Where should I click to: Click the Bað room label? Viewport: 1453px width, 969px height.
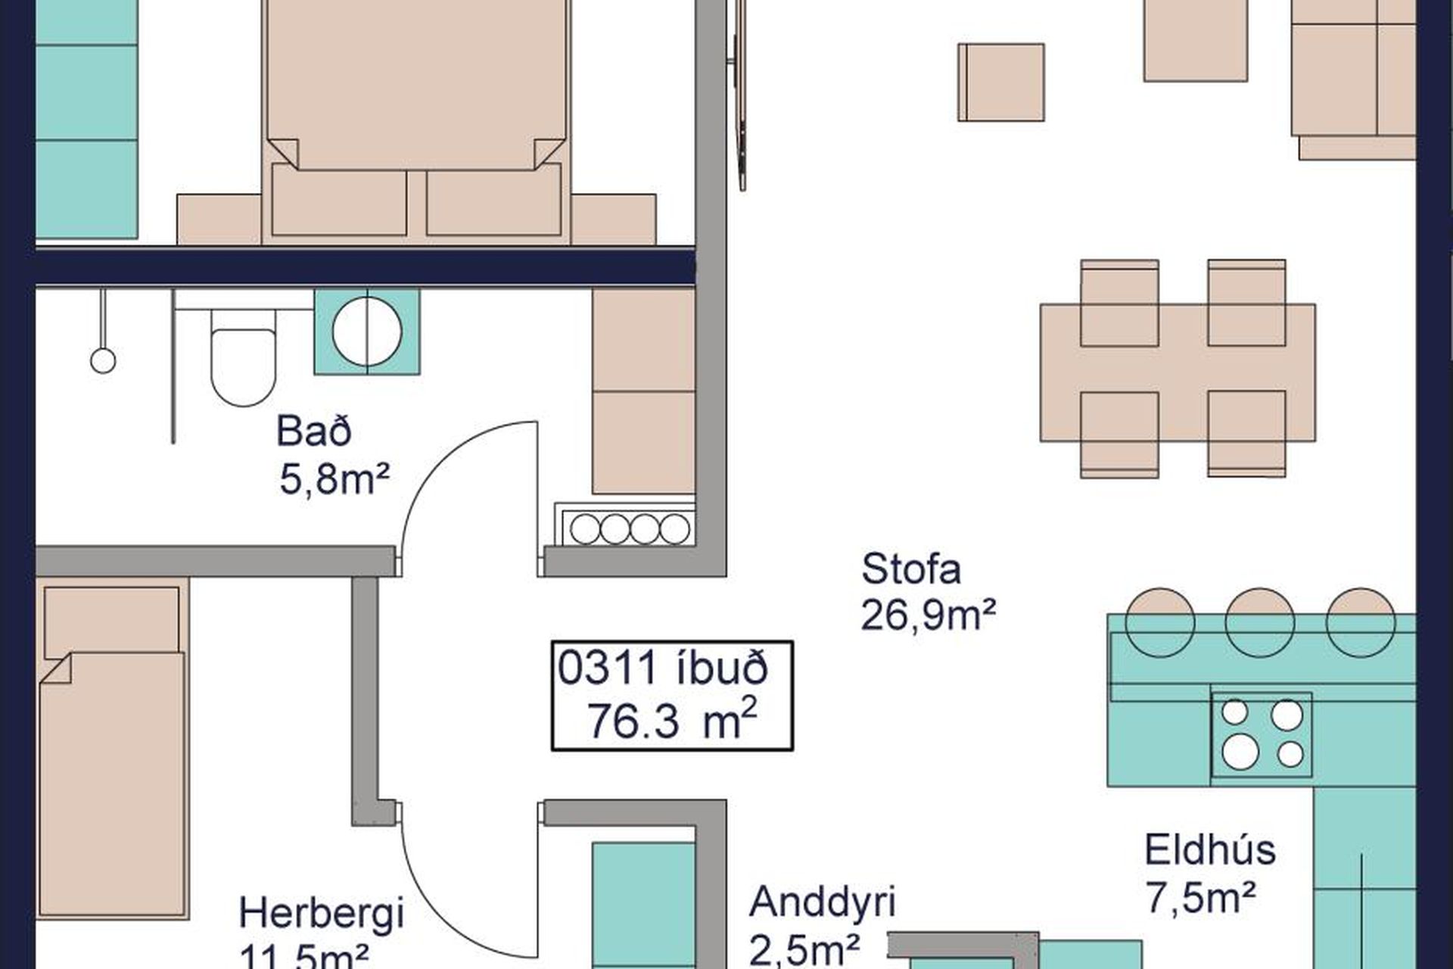click(x=314, y=432)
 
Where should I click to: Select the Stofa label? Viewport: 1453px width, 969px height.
click(x=911, y=569)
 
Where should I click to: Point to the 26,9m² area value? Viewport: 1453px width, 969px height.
click(x=928, y=615)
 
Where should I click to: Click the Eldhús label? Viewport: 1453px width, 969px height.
click(x=1210, y=849)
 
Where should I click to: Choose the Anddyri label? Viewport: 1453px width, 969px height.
click(x=823, y=902)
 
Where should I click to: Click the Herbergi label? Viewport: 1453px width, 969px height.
click(x=321, y=913)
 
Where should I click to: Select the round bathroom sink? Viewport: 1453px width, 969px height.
click(x=367, y=332)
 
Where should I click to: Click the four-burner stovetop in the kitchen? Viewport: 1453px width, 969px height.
click(x=1262, y=734)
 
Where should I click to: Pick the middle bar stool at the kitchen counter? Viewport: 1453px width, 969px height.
click(x=1260, y=622)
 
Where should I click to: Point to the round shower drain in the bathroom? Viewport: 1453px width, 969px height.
click(x=103, y=360)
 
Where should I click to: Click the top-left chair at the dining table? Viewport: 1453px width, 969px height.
click(x=1119, y=303)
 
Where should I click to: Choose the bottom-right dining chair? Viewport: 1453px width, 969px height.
click(x=1246, y=434)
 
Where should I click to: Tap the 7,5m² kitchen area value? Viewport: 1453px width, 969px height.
click(x=1201, y=899)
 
